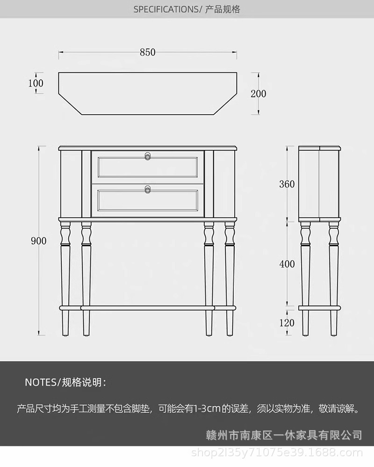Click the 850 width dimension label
pyautogui.click(x=147, y=52)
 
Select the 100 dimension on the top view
pyautogui.click(x=36, y=83)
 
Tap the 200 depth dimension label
pyautogui.click(x=258, y=94)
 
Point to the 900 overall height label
pyautogui.click(x=39, y=241)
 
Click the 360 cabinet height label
pyautogui.click(x=287, y=184)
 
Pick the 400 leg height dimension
pyautogui.click(x=287, y=264)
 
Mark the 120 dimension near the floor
pyautogui.click(x=287, y=322)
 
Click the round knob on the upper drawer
pyautogui.click(x=148, y=155)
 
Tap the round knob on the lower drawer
pyautogui.click(x=148, y=189)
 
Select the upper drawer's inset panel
pyautogui.click(x=148, y=167)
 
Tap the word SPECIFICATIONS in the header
pyautogui.click(x=166, y=9)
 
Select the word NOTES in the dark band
pyautogui.click(x=40, y=382)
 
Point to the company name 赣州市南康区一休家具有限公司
pyautogui.click(x=284, y=435)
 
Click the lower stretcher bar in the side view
pyautogui.click(x=320, y=308)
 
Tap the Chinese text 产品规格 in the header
pyautogui.click(x=223, y=9)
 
